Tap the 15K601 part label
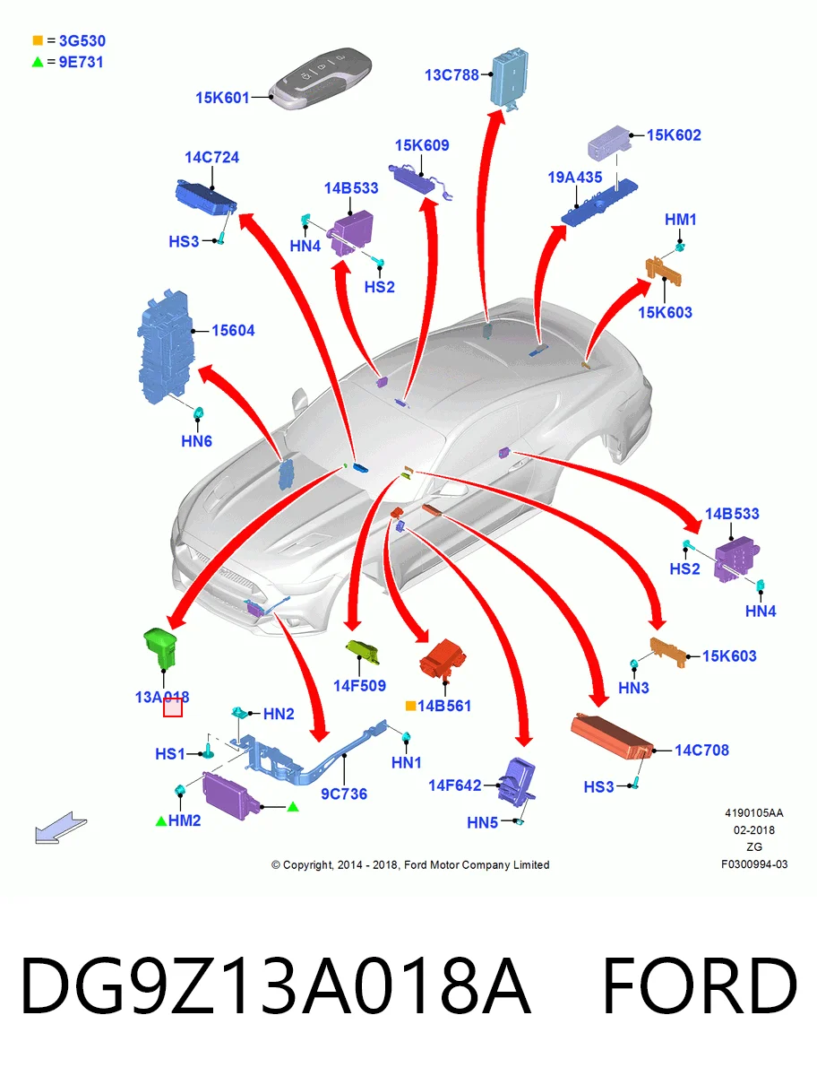[223, 98]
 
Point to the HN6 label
[197, 441]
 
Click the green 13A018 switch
[160, 648]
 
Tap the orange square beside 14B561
[410, 706]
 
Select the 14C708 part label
[701, 750]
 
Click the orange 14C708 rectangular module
[612, 736]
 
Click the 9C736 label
[344, 794]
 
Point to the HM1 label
[681, 220]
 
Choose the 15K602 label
[674, 134]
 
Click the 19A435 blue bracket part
[599, 203]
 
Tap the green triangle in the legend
[38, 62]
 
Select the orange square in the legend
[38, 40]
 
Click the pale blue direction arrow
[61, 828]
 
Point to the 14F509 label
[359, 686]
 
